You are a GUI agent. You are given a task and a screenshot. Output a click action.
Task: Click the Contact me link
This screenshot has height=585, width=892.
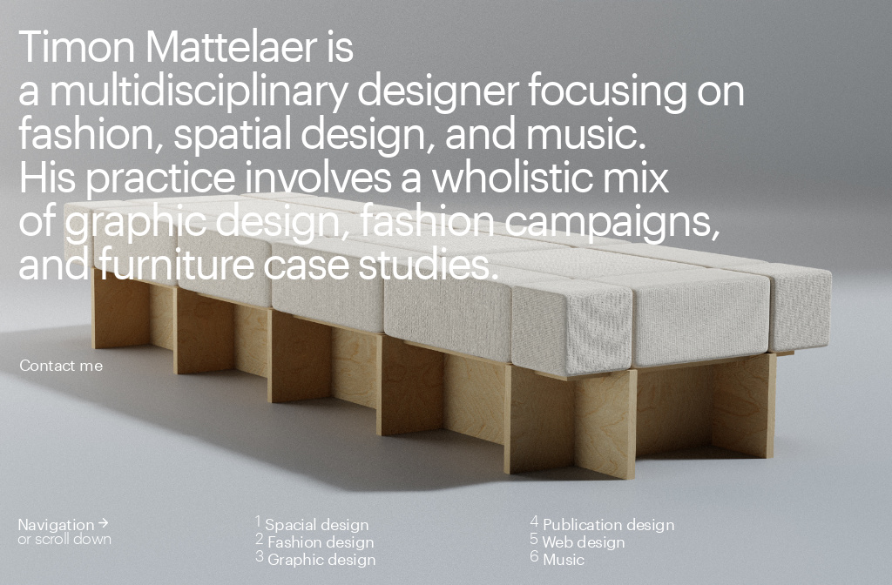pyautogui.click(x=61, y=366)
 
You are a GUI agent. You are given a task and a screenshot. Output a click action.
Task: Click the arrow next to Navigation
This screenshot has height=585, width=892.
pyautogui.click(x=103, y=522)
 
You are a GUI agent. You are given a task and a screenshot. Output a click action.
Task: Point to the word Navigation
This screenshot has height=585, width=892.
pyautogui.click(x=56, y=525)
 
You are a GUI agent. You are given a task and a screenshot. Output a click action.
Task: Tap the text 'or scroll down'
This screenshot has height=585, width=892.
pyautogui.click(x=64, y=540)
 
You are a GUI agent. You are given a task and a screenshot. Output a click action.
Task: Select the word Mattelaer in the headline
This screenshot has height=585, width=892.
pyautogui.click(x=231, y=47)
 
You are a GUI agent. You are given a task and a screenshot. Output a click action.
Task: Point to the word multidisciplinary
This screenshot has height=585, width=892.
pyautogui.click(x=199, y=92)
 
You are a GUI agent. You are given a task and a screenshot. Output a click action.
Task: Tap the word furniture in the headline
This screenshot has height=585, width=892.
pyautogui.click(x=175, y=265)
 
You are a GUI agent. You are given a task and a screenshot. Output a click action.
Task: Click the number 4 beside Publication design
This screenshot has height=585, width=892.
pyautogui.click(x=534, y=521)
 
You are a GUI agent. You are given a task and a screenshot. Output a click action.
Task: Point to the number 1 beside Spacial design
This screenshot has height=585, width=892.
pyautogui.click(x=258, y=521)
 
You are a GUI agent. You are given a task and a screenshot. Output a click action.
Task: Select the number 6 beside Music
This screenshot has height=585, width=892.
pyautogui.click(x=534, y=556)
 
